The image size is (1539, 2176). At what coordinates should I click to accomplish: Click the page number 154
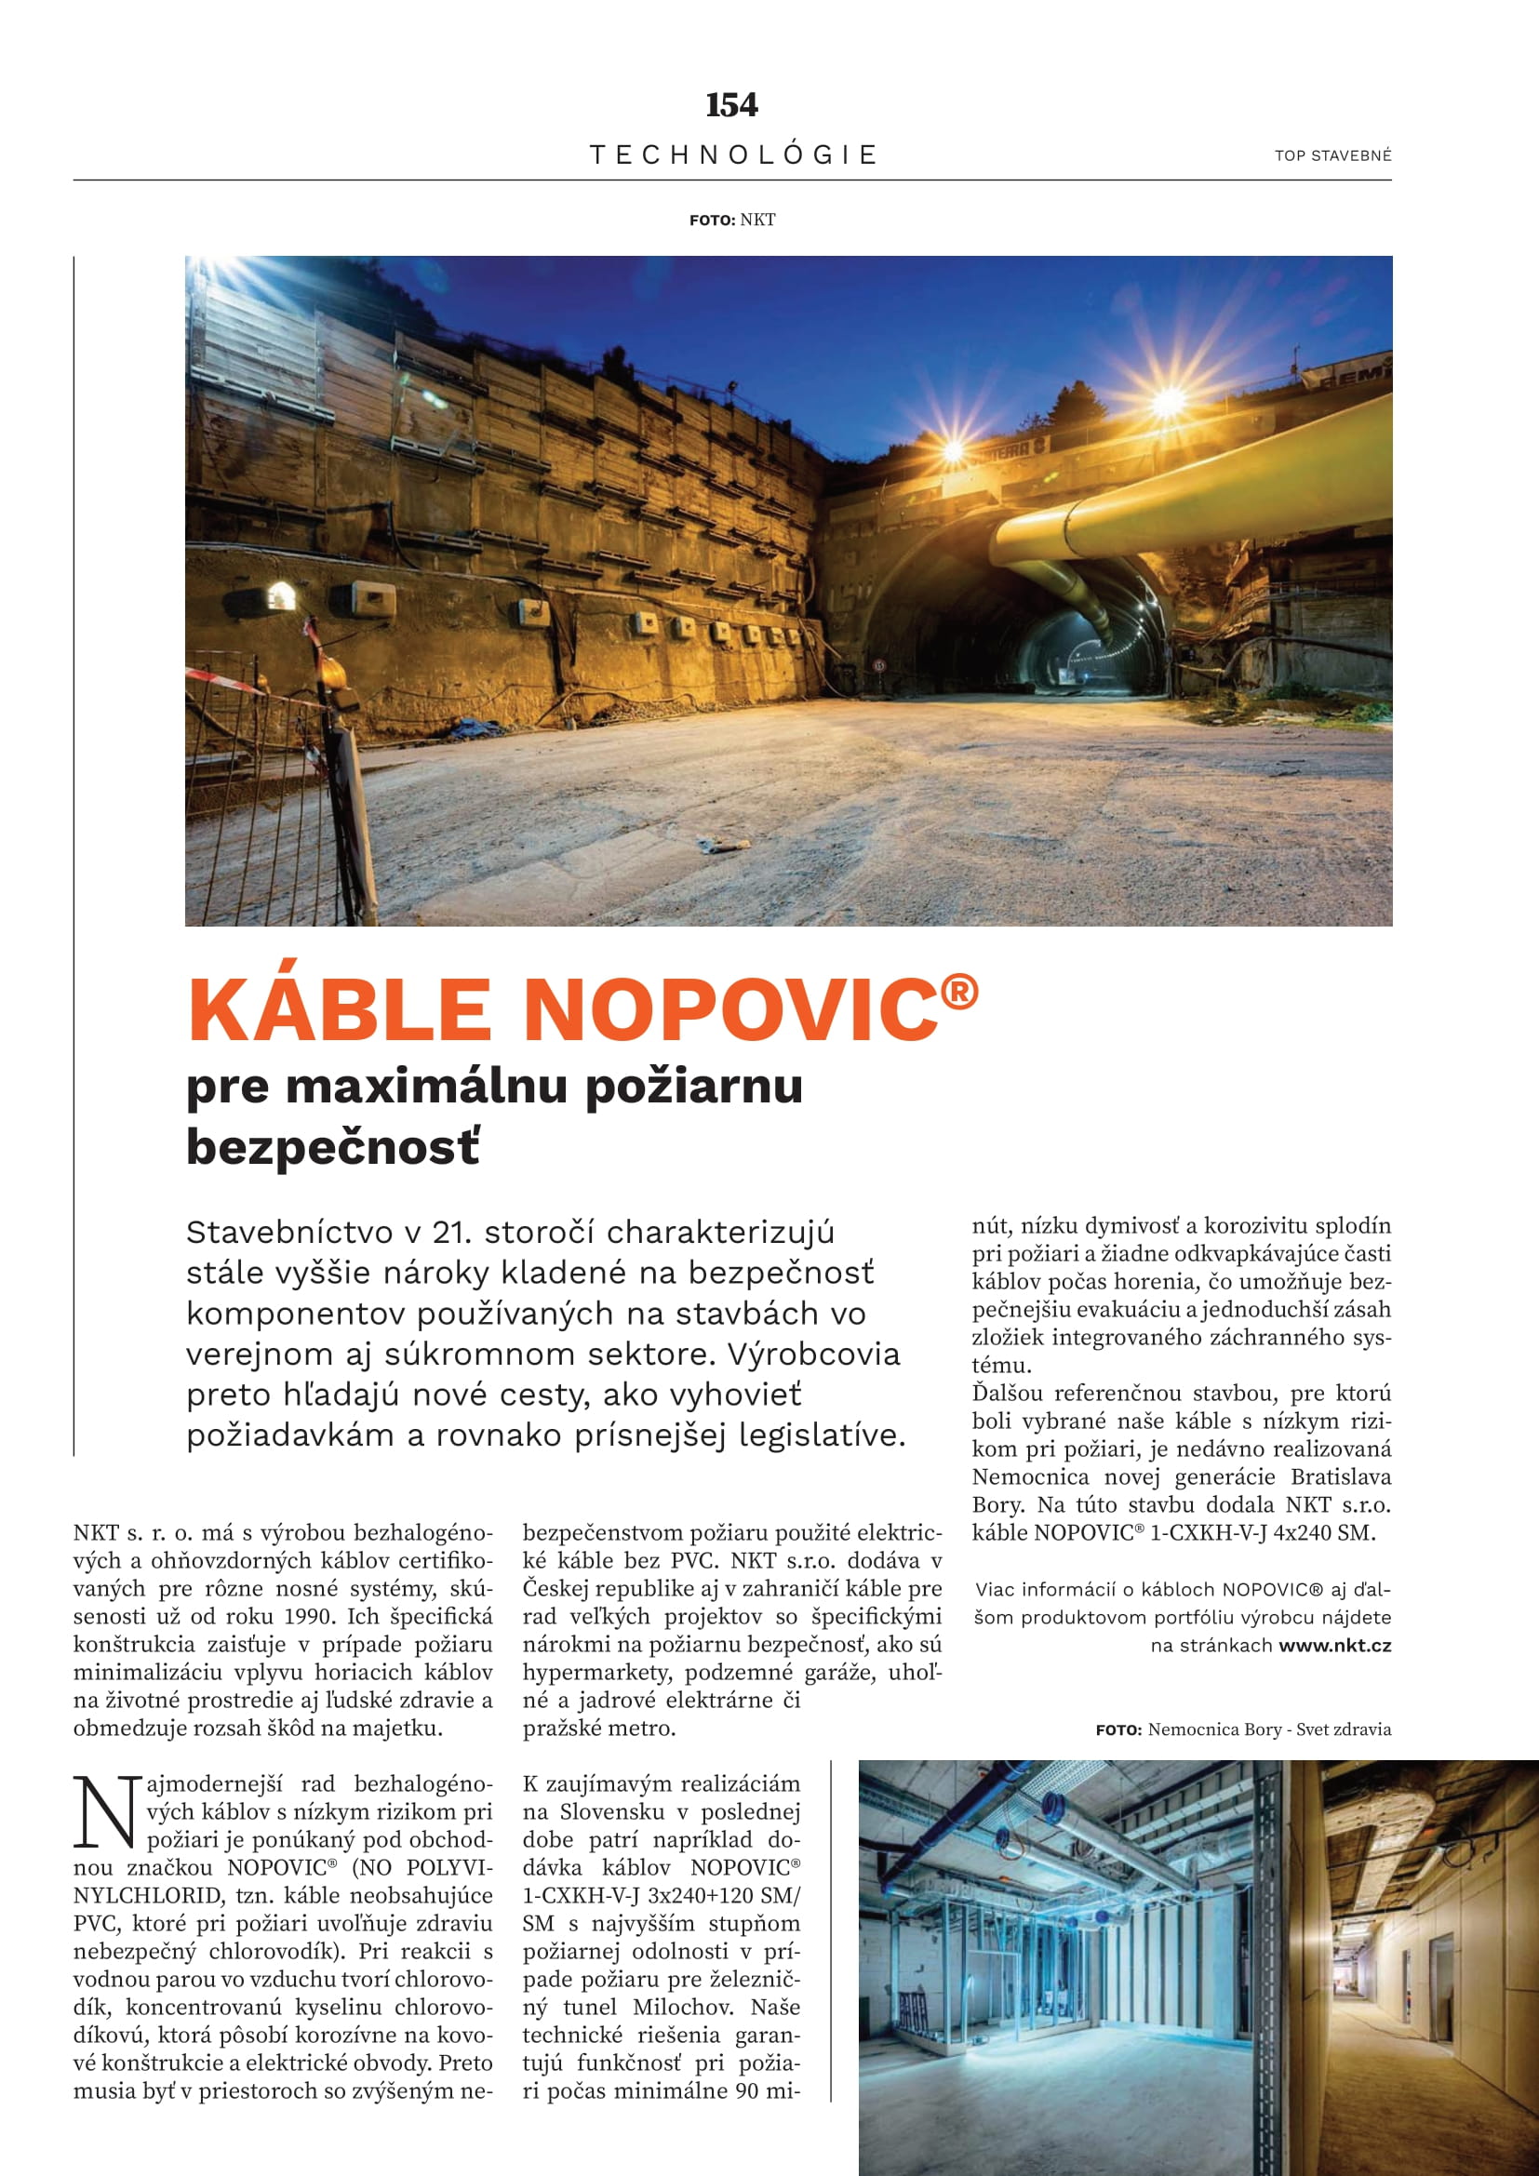pos(731,105)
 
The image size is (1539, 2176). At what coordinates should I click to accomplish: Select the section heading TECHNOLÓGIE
pos(733,154)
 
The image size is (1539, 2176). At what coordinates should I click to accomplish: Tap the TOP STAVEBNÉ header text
pos(1332,155)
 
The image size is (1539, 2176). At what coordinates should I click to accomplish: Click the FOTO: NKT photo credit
pos(732,220)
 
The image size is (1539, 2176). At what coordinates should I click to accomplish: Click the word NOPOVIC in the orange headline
pos(729,1009)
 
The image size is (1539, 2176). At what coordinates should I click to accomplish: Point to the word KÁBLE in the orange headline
pos(340,1009)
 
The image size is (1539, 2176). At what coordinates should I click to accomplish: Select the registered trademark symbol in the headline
pos(959,992)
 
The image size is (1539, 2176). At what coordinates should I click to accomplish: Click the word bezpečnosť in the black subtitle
pos(334,1147)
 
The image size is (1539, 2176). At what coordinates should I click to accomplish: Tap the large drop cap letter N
pos(104,1813)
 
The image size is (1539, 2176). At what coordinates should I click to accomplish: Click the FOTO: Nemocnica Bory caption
pos(1243,1729)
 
